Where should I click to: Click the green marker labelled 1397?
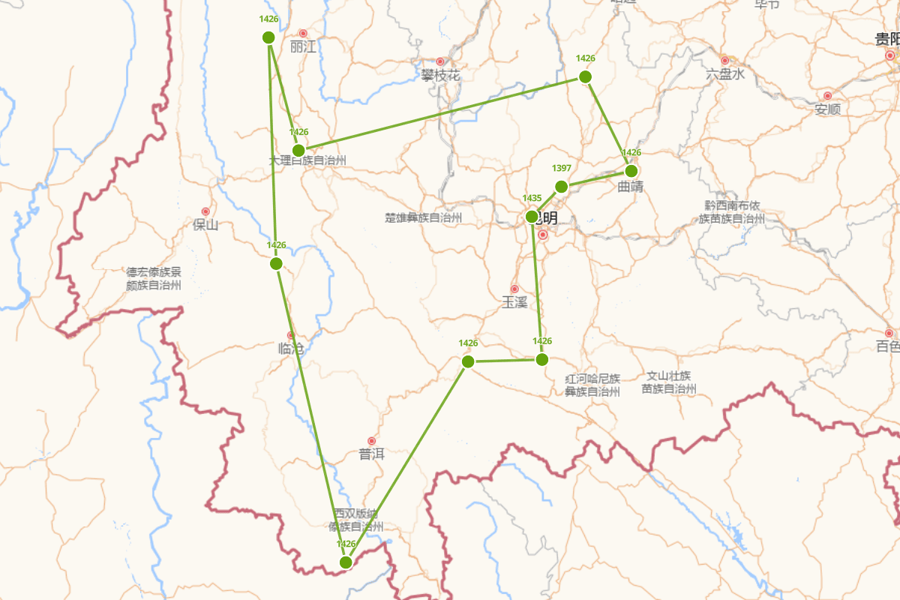561,187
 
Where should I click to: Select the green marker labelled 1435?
532,217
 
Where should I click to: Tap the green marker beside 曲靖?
631,170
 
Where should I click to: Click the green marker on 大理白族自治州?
298,150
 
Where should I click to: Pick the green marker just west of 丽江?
268,37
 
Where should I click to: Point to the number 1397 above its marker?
561,167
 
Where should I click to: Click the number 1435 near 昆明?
532,198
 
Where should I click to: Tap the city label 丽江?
303,47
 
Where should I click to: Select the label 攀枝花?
440,75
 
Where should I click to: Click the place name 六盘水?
725,74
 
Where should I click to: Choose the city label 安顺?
827,109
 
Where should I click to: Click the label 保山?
205,225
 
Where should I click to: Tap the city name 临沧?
291,349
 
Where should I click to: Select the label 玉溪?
514,303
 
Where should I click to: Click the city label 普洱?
371,454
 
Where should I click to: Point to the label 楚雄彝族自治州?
423,217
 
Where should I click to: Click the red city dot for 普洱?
371,441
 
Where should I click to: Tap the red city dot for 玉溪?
514,289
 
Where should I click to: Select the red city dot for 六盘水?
724,60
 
